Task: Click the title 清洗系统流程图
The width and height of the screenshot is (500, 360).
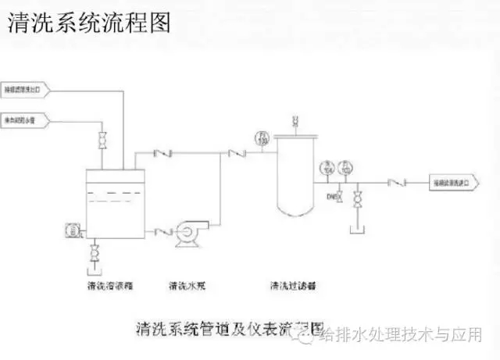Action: coord(88,23)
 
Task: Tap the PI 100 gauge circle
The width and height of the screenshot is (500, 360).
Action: coord(262,139)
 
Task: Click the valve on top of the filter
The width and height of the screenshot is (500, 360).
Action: coord(294,121)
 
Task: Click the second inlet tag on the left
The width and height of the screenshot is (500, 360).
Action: coord(23,119)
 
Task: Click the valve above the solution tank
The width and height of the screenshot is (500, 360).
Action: coord(102,141)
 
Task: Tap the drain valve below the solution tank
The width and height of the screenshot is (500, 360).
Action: coord(95,253)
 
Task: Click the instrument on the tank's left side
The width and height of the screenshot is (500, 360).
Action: coord(72,230)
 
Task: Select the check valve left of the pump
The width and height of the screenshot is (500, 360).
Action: coord(163,230)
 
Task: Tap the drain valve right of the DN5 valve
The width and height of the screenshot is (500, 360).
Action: coord(358,198)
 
